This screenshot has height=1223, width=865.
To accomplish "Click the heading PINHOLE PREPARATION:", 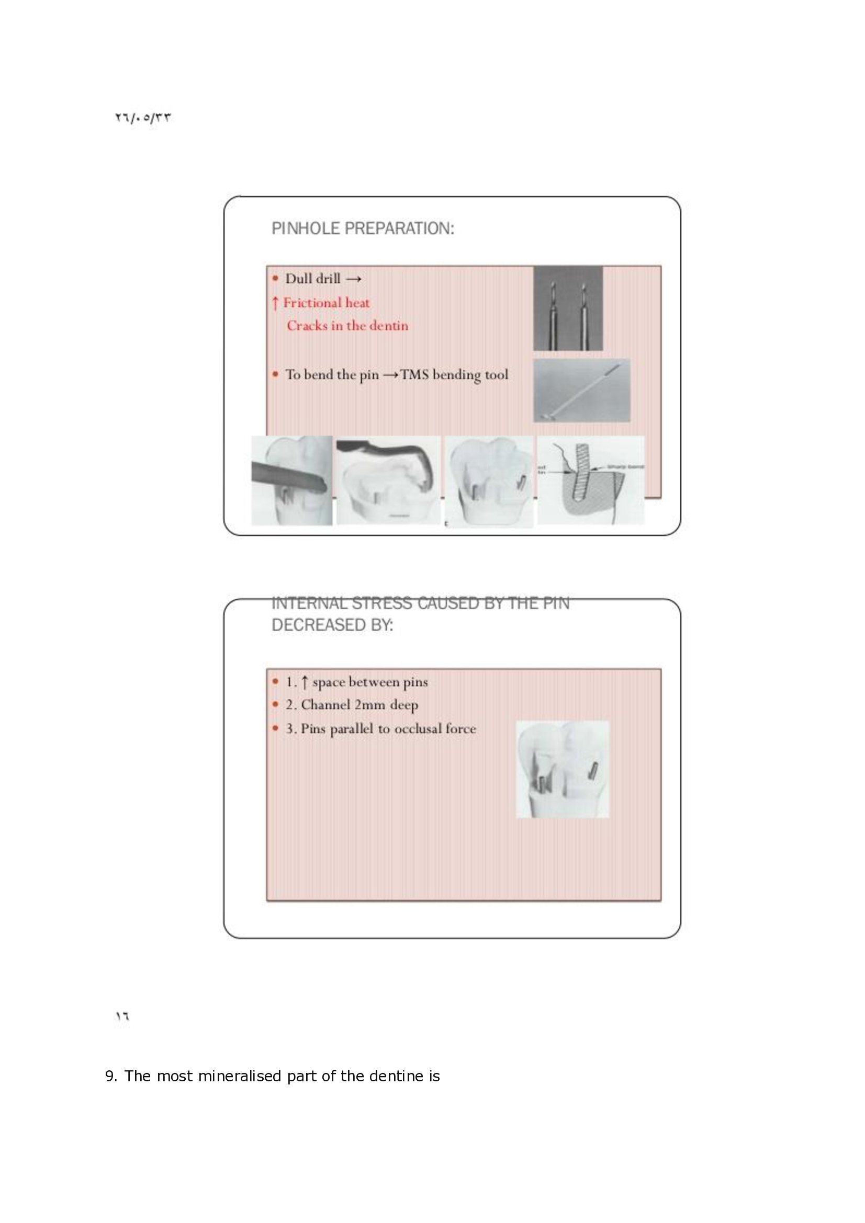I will pyautogui.click(x=363, y=228).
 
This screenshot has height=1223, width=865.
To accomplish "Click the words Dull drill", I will pyautogui.click(x=312, y=279).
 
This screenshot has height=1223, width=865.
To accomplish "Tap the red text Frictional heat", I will pyautogui.click(x=325, y=303).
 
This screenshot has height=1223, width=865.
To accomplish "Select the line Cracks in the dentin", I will pyautogui.click(x=347, y=325).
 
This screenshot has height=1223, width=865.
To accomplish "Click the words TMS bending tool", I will pyautogui.click(x=454, y=374).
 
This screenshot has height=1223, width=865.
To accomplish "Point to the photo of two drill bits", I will pyautogui.click(x=568, y=308).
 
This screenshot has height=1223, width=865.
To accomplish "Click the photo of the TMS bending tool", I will pyautogui.click(x=581, y=391).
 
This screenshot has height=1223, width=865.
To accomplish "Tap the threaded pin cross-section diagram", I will pyautogui.click(x=590, y=480).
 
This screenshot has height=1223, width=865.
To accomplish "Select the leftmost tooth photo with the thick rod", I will pyautogui.click(x=291, y=480).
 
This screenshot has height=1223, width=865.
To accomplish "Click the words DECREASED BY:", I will pyautogui.click(x=332, y=625).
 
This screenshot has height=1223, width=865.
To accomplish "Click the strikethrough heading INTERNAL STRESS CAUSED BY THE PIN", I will pyautogui.click(x=420, y=603).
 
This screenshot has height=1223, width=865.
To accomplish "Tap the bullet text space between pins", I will pyautogui.click(x=369, y=682).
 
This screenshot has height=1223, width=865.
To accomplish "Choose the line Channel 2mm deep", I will pyautogui.click(x=359, y=705).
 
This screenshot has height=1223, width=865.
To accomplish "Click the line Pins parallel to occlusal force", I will pyautogui.click(x=387, y=728).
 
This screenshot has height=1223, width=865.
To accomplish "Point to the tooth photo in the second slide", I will pyautogui.click(x=563, y=769).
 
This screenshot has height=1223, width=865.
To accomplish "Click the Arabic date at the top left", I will pyautogui.click(x=143, y=118).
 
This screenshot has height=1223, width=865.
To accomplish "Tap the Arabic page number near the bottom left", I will pyautogui.click(x=122, y=1016).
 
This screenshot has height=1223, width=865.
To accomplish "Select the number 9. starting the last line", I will pyautogui.click(x=111, y=1076).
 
